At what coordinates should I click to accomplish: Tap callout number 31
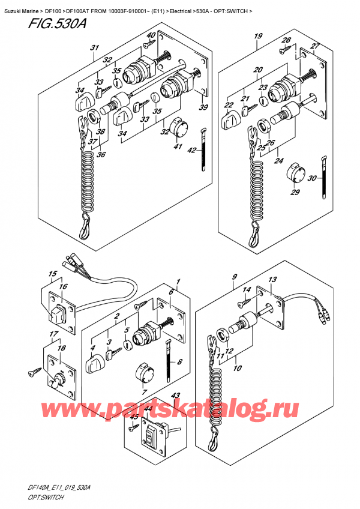[x=94, y=48]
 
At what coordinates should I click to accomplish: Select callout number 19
[x=259, y=37]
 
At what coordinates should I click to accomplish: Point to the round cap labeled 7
[x=144, y=373]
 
